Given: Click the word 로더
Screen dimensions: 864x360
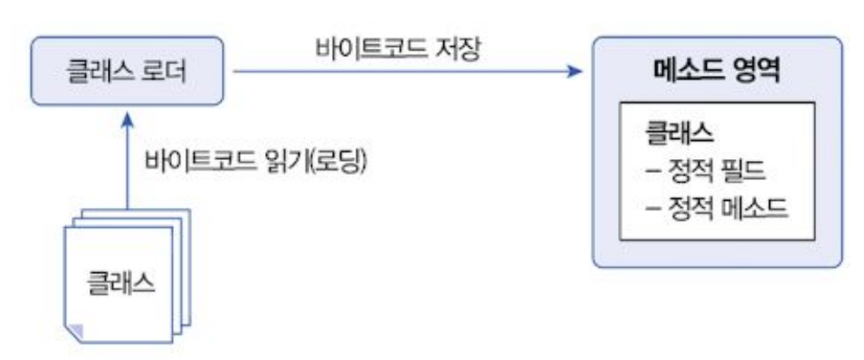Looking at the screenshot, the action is (x=164, y=70).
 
